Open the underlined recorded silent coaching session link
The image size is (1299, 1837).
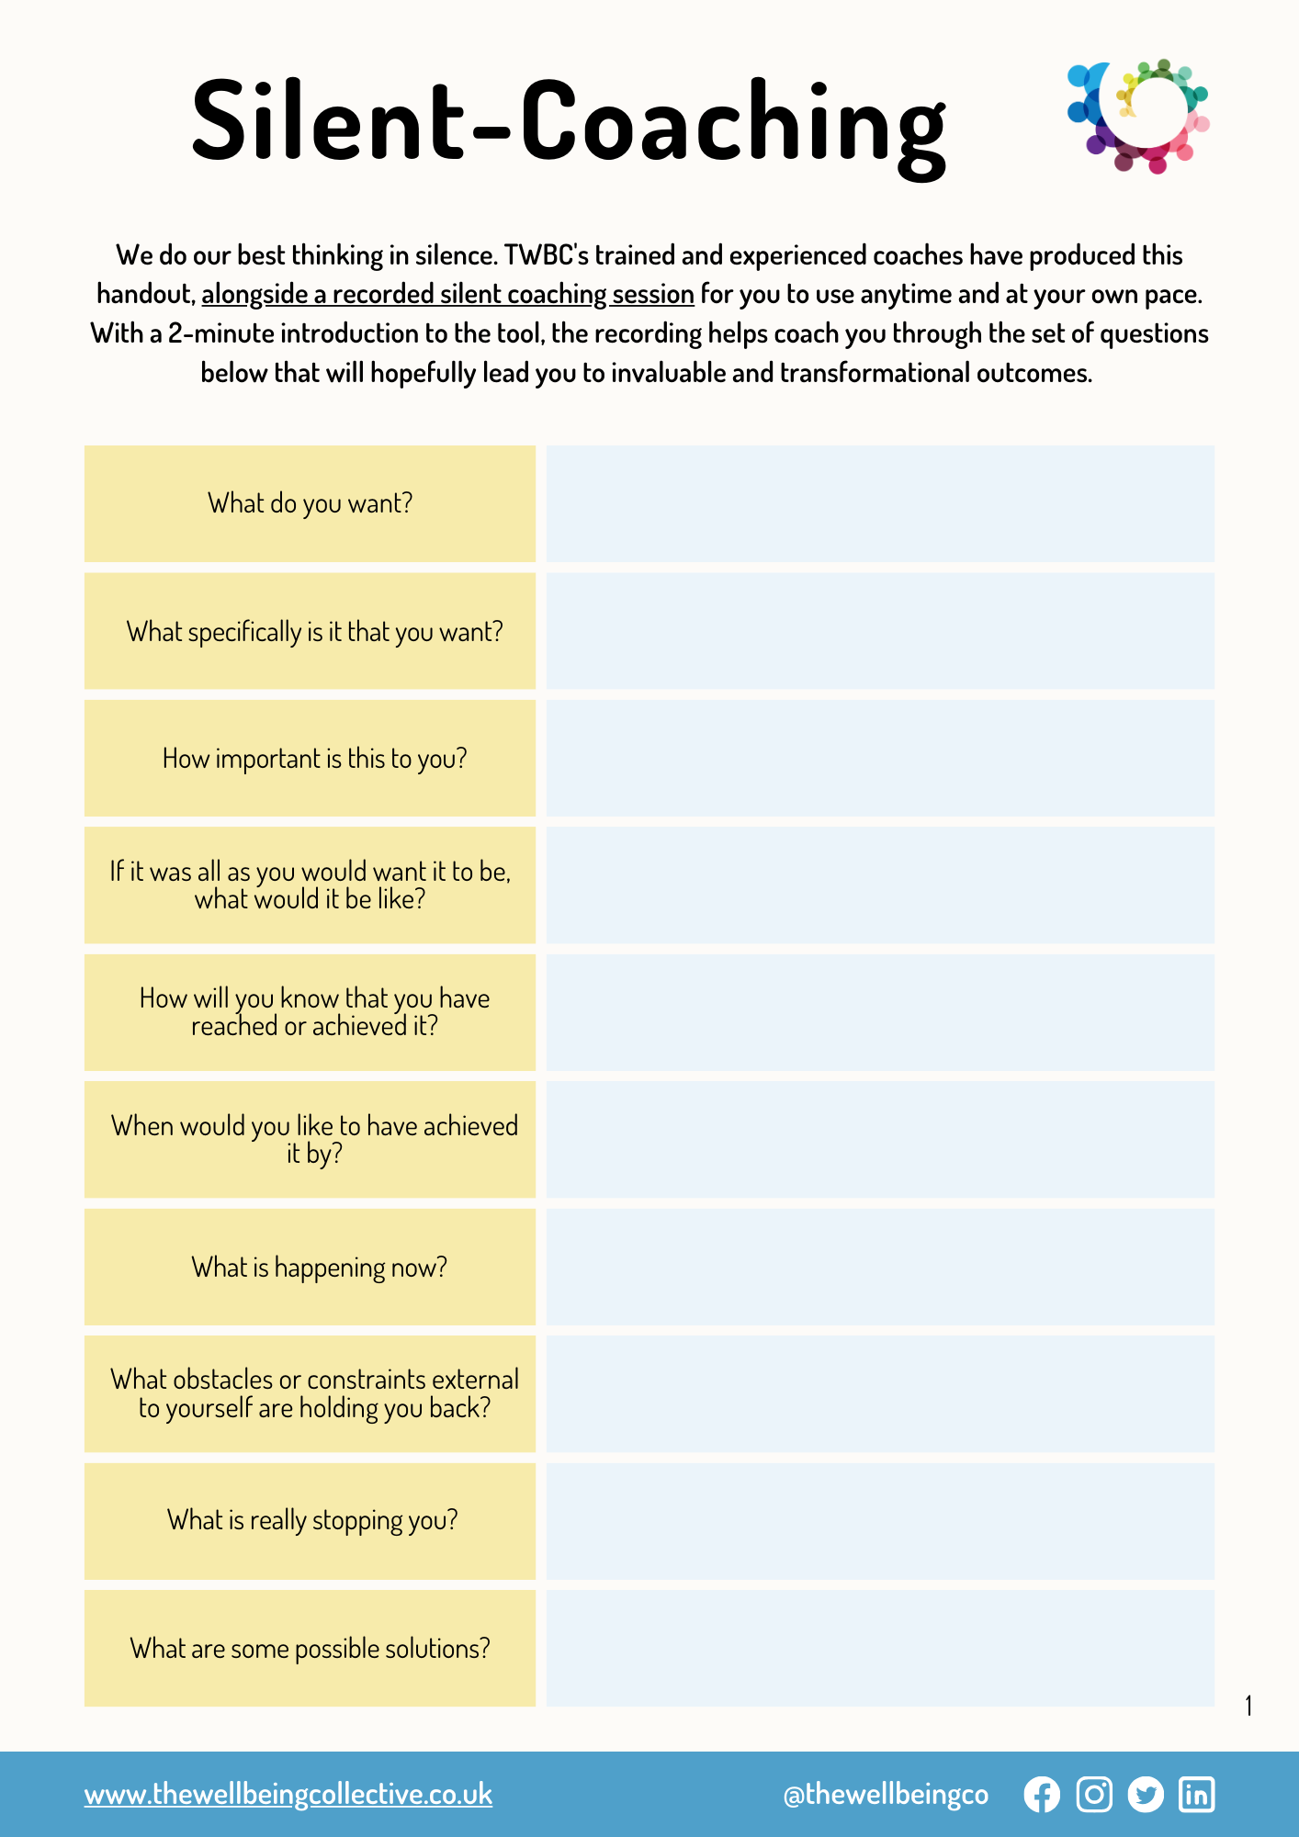pyautogui.click(x=447, y=294)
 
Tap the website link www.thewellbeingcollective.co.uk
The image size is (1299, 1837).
pyautogui.click(x=288, y=1794)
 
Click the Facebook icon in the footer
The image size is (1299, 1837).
pyautogui.click(x=1042, y=1795)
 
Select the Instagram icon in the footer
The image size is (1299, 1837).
pyautogui.click(x=1094, y=1795)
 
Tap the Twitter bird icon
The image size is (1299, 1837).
pyautogui.click(x=1146, y=1795)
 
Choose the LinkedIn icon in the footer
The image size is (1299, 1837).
pyautogui.click(x=1196, y=1795)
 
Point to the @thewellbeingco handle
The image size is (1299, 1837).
pyautogui.click(x=886, y=1795)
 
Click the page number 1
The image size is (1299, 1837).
pyautogui.click(x=1248, y=1706)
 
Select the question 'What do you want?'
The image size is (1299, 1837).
pyautogui.click(x=311, y=503)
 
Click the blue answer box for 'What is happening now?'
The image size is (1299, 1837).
pyautogui.click(x=880, y=1267)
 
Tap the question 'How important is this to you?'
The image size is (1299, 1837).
pyautogui.click(x=314, y=759)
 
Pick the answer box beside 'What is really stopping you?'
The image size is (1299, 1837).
pyautogui.click(x=880, y=1521)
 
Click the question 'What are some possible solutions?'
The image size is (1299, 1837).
pyautogui.click(x=311, y=1649)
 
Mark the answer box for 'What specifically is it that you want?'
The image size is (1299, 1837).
pyautogui.click(x=880, y=631)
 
